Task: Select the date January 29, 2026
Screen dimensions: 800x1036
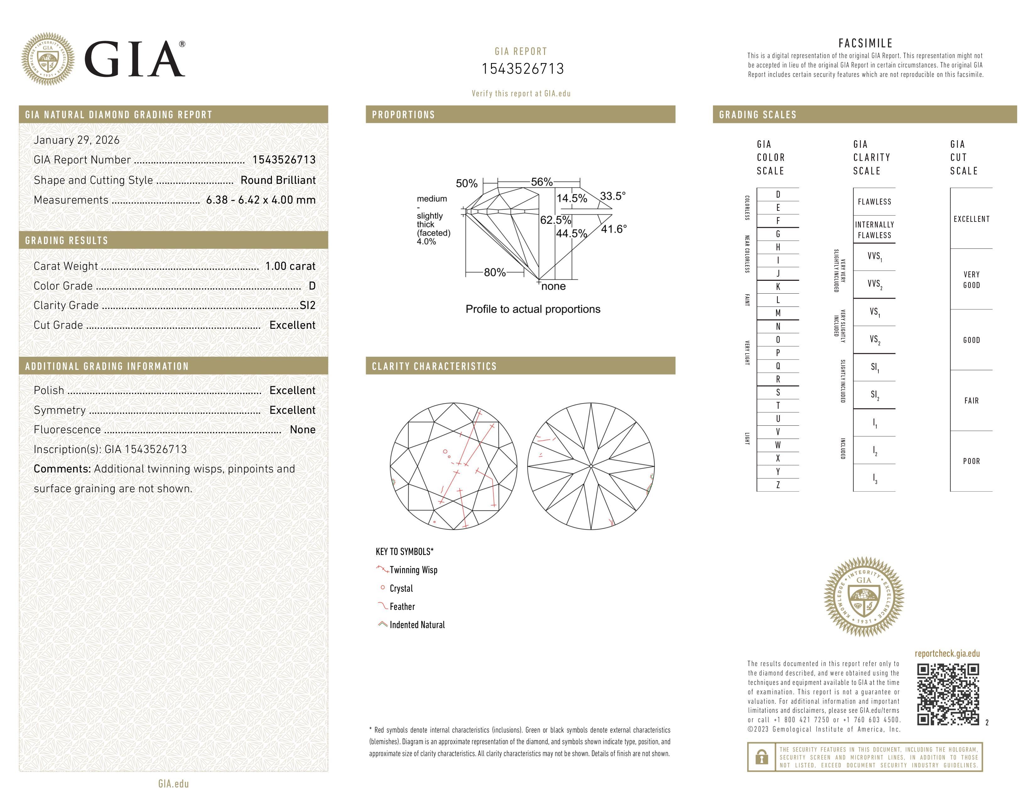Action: tap(76, 140)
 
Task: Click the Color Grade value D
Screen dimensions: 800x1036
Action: tap(312, 286)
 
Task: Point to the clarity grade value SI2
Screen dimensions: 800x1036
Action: tap(307, 305)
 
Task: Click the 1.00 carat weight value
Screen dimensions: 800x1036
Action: tap(290, 266)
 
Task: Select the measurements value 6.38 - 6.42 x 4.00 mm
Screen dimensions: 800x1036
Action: tap(261, 200)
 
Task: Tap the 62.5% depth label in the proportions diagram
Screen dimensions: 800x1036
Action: tap(555, 220)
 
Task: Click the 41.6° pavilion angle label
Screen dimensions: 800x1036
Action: tap(613, 229)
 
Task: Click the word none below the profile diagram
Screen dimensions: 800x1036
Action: tap(553, 286)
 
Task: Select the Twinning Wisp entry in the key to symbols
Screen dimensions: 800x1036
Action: tap(413, 570)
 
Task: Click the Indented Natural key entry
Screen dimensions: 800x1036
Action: tap(417, 625)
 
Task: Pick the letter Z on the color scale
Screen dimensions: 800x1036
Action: tap(778, 485)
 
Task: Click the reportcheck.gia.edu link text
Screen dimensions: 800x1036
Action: tap(947, 653)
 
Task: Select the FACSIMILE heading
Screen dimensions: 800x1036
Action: tap(865, 43)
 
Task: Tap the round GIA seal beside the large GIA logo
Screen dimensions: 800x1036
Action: tap(47, 59)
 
